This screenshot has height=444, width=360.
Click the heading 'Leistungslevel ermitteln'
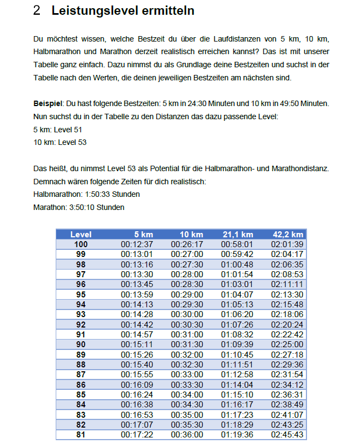[x=123, y=11]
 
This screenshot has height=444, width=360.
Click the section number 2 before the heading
[x=37, y=11]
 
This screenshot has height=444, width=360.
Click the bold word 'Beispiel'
[x=48, y=103]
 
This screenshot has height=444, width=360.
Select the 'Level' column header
[x=81, y=235]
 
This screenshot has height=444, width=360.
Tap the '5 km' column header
[x=143, y=235]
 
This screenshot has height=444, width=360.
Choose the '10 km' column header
[x=192, y=235]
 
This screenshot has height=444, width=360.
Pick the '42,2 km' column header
[x=288, y=235]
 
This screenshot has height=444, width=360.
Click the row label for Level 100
[x=81, y=244]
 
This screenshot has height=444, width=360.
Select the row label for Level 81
[x=81, y=435]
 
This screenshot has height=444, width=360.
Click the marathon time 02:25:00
[x=287, y=344]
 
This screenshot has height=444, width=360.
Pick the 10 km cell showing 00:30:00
[x=187, y=314]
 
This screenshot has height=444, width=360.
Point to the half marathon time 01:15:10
[x=237, y=395]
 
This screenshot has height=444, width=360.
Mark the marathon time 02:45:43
[x=287, y=435]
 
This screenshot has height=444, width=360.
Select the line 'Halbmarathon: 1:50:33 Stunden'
[x=86, y=194]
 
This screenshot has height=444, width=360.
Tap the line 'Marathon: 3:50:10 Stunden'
[x=79, y=207]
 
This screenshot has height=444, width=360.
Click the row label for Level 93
[x=81, y=314]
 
